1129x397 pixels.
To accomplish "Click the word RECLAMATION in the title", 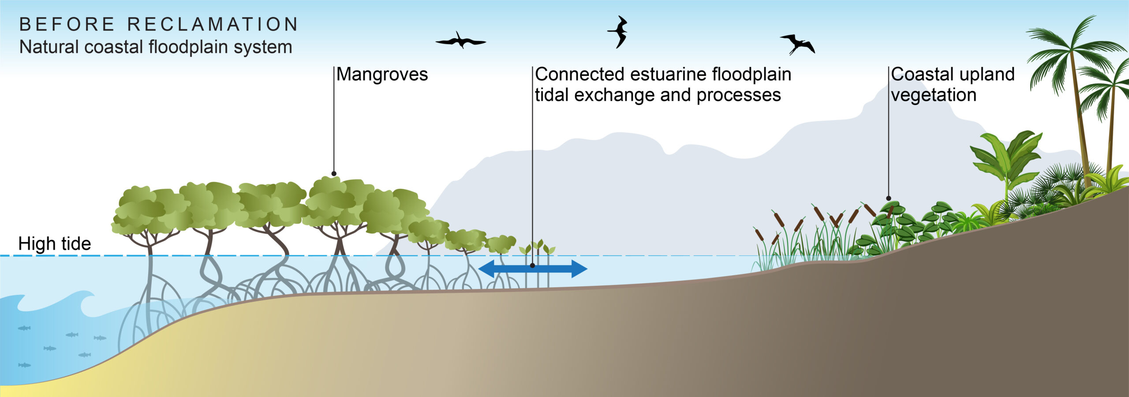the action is click(x=213, y=24).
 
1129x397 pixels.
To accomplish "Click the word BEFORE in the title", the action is click(x=67, y=24).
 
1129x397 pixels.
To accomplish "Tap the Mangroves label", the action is click(x=382, y=75).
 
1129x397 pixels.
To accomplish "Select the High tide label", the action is click(x=54, y=244).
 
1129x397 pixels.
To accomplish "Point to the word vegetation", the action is click(x=934, y=95).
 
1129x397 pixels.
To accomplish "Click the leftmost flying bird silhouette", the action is click(x=460, y=41).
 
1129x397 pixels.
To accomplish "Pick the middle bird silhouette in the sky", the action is click(x=618, y=32).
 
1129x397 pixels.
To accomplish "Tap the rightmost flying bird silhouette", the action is click(x=797, y=44).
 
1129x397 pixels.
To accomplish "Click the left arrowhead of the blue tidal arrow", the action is click(x=487, y=269).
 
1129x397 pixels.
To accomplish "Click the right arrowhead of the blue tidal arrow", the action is click(x=579, y=269).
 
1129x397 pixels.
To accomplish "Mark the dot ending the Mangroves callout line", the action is click(x=334, y=174).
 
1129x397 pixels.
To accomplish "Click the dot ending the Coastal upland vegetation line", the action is click(x=889, y=198).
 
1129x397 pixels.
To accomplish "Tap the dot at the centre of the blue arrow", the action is click(x=533, y=266).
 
